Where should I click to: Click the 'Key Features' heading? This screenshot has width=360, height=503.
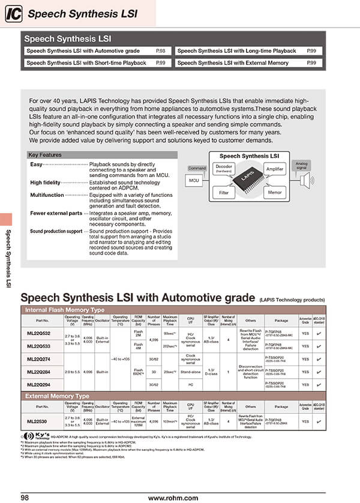click(x=45, y=155)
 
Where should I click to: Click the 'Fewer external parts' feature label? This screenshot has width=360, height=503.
click(x=56, y=213)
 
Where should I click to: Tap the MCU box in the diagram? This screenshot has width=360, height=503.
click(x=194, y=179)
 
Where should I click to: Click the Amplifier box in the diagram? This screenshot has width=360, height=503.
click(x=274, y=170)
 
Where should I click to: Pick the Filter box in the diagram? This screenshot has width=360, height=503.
click(x=224, y=193)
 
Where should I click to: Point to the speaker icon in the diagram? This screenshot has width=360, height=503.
click(x=306, y=179)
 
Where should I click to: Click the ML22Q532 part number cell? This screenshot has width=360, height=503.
click(x=39, y=333)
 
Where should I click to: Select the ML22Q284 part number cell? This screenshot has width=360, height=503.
click(x=39, y=372)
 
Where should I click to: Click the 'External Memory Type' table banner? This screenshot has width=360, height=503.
click(x=58, y=396)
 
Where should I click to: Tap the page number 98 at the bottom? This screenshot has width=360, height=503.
click(x=25, y=498)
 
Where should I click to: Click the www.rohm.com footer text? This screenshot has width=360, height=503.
click(x=173, y=498)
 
